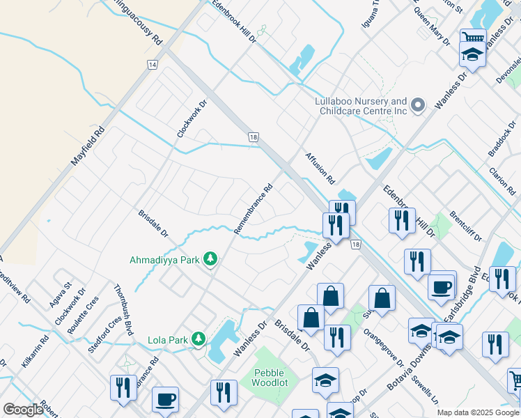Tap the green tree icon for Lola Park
pos(199,340)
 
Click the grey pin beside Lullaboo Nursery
pos(418,106)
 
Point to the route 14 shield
pos(152,65)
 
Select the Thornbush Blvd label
pos(123,310)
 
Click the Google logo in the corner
pos(23,410)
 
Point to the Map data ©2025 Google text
pos(477,412)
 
